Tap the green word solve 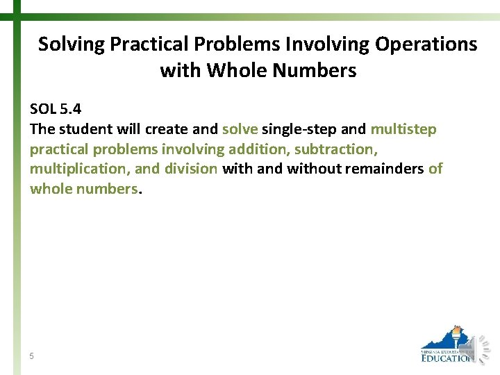click(x=240, y=129)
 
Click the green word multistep click(x=403, y=129)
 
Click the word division click(x=191, y=169)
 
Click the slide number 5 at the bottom click(x=32, y=356)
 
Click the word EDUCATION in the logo click(x=447, y=358)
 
